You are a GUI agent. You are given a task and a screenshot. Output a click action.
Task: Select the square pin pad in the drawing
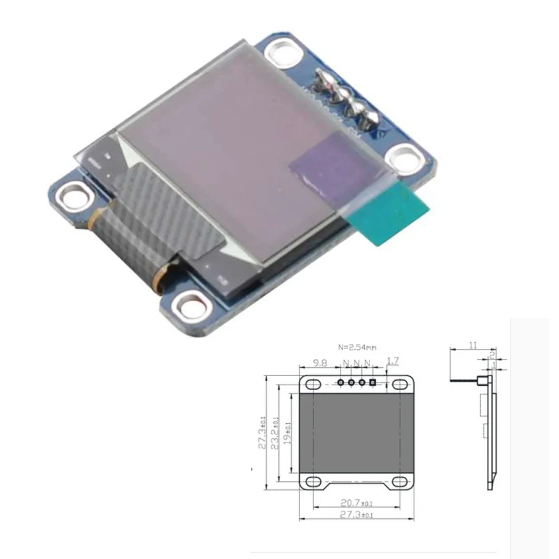[x=373, y=382]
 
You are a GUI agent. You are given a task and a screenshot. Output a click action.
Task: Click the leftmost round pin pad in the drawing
[x=340, y=382]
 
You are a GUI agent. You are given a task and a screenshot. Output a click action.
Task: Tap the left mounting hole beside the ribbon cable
[x=74, y=195]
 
